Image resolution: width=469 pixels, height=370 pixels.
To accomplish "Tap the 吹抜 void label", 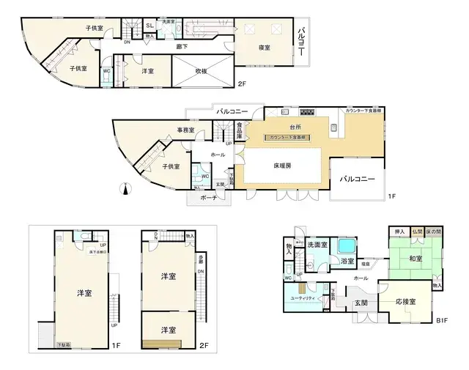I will coord(202,71).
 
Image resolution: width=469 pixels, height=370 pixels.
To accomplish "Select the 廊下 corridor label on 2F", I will coord(181,46).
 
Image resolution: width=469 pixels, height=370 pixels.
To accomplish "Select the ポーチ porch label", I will coord(209,199).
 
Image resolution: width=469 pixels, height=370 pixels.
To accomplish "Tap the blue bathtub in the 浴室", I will coord(346,243).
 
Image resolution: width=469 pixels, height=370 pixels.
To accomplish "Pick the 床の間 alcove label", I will coord(434,231).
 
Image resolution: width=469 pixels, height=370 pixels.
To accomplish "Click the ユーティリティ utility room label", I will coord(303,299).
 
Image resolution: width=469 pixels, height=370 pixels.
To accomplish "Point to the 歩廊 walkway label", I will coord(200,259).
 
